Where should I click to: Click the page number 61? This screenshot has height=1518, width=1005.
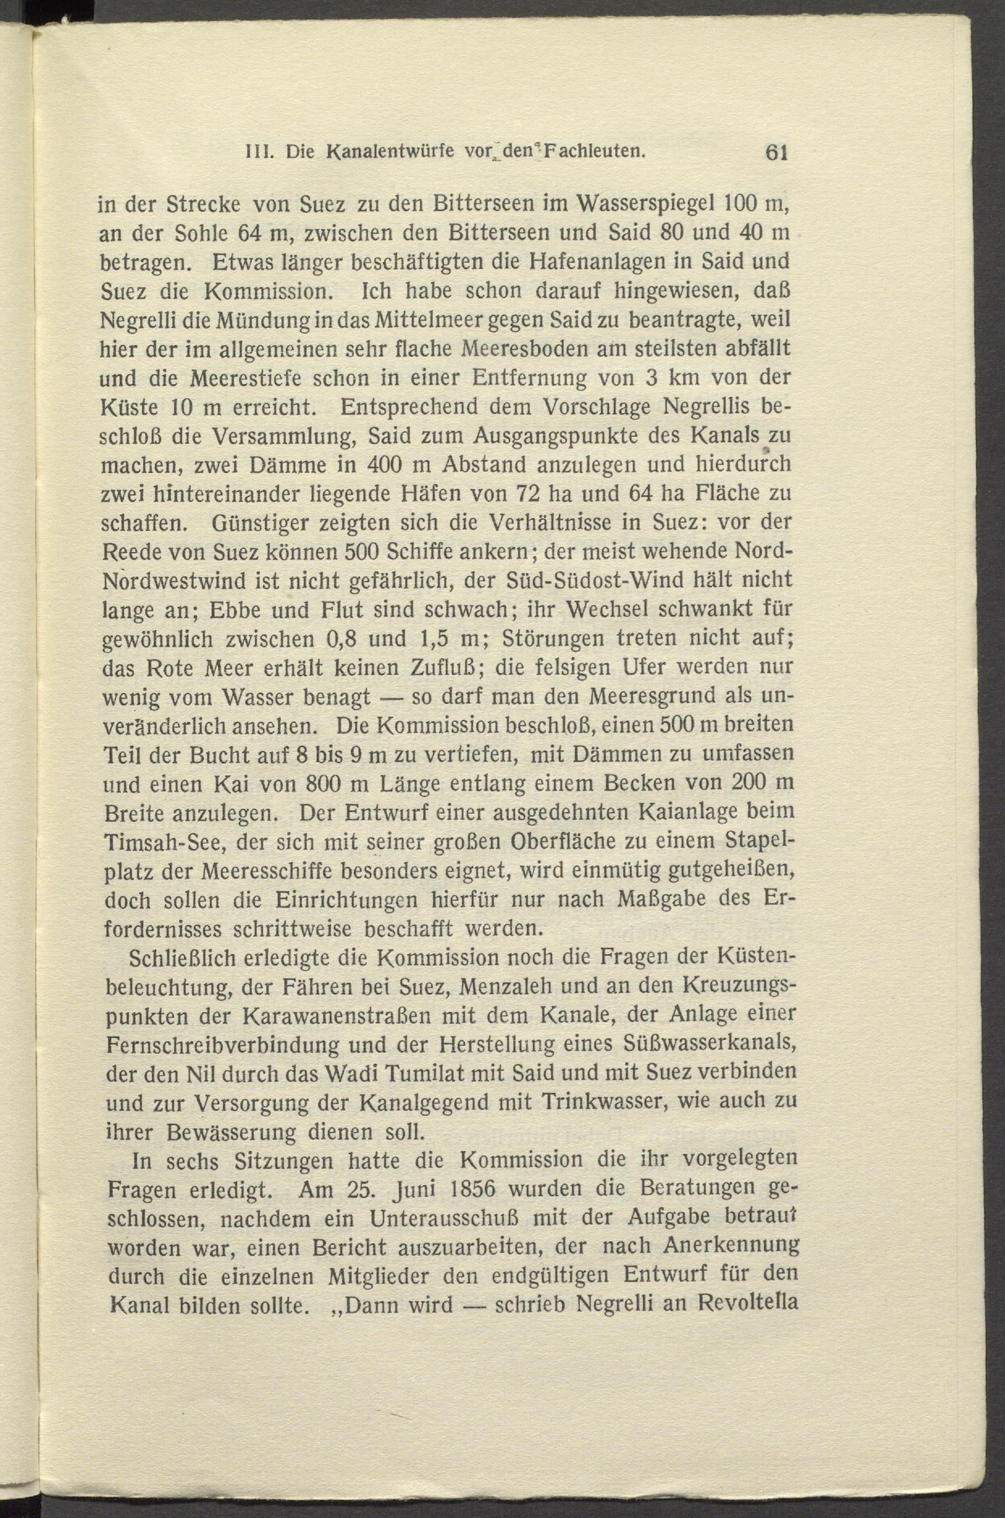[774, 151]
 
